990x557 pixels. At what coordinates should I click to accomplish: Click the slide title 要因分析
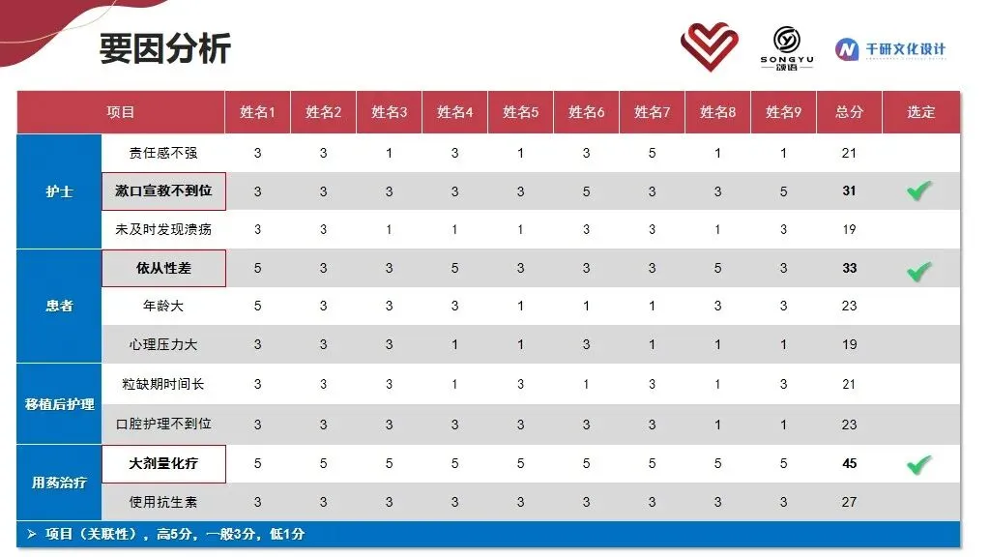[x=164, y=48]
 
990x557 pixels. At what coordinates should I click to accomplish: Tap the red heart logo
[x=709, y=46]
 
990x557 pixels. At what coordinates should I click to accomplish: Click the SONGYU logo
[x=787, y=48]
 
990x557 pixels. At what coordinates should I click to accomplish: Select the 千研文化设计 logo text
[x=905, y=49]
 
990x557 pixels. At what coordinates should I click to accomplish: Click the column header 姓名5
[x=520, y=112]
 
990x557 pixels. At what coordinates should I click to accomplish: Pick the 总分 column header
[x=849, y=112]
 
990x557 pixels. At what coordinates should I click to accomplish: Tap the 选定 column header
[x=920, y=112]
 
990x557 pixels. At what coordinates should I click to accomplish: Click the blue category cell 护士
[x=59, y=191]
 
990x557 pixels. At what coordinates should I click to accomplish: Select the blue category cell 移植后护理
[x=59, y=404]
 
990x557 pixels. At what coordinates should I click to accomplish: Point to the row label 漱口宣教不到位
[x=163, y=191]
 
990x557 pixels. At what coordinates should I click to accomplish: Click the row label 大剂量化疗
[x=163, y=463]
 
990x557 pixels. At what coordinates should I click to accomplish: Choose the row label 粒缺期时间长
[x=163, y=384]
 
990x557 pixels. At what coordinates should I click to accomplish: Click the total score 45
[x=849, y=463]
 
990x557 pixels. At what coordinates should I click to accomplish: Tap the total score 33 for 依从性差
[x=849, y=268]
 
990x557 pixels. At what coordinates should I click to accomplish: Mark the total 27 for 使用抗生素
[x=849, y=502]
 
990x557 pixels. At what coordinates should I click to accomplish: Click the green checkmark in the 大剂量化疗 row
[x=919, y=465]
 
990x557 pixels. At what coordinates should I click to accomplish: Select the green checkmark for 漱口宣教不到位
[x=919, y=191]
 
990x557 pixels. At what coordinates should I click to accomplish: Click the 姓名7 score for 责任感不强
[x=653, y=153]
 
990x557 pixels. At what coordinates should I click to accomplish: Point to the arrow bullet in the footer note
[x=32, y=534]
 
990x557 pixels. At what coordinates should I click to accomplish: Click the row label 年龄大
[x=163, y=306]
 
